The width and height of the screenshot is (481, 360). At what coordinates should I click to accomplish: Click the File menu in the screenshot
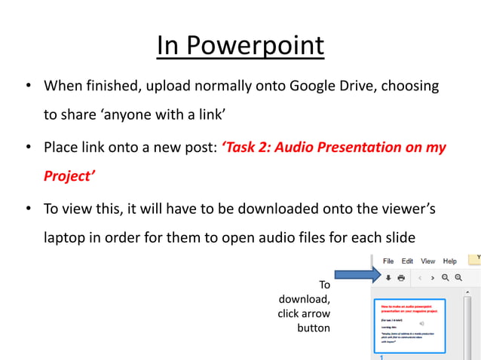coord(388,261)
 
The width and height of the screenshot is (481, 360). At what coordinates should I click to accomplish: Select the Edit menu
coord(407,261)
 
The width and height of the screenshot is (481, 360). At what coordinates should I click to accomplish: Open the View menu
coord(427,261)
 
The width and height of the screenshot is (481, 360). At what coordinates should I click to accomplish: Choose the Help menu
coord(449,261)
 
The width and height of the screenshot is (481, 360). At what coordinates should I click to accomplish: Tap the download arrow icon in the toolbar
coord(388,278)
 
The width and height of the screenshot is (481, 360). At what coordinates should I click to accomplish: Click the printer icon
coord(401,278)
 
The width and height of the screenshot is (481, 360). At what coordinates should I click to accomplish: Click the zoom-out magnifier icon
coord(446,278)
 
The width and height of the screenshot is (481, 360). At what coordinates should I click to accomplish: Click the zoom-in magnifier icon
coord(458,278)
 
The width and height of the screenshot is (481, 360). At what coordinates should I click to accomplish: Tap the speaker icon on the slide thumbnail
coord(422,322)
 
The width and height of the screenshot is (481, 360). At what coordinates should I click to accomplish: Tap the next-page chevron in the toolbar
coord(432,278)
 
